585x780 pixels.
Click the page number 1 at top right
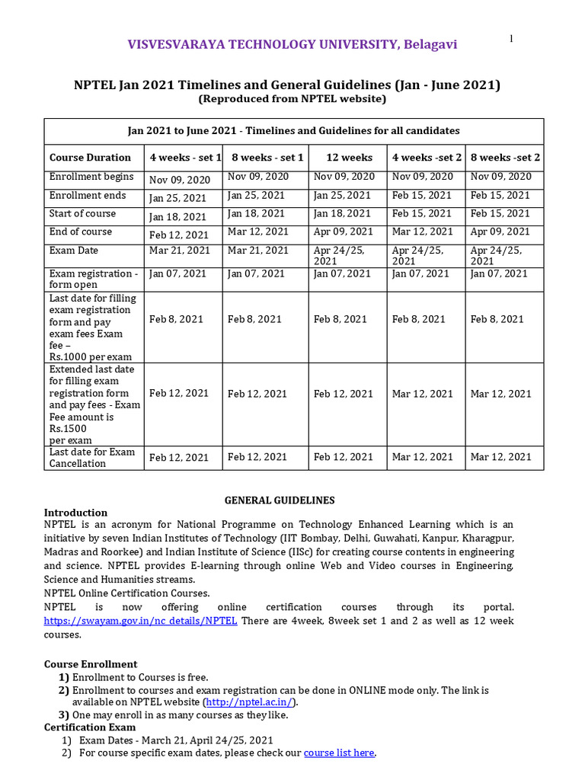tap(510, 39)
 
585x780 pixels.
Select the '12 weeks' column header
tap(349, 158)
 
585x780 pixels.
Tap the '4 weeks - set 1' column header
tap(185, 158)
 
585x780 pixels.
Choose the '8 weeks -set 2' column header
tap(505, 158)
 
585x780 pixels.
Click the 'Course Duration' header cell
tap(90, 158)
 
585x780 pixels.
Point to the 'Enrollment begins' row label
tap(91, 177)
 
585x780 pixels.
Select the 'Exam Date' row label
tap(74, 250)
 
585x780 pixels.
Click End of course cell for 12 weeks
tap(344, 232)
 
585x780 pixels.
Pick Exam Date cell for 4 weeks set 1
tap(180, 250)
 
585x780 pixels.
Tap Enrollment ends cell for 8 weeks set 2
tap(500, 195)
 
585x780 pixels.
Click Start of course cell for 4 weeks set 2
tap(422, 213)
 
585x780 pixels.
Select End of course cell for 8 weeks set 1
tap(258, 232)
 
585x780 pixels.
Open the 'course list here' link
tap(339, 753)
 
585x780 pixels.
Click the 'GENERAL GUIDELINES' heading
tap(279, 500)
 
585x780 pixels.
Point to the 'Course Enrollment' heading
tap(91, 664)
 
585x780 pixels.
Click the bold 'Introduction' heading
tap(75, 513)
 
